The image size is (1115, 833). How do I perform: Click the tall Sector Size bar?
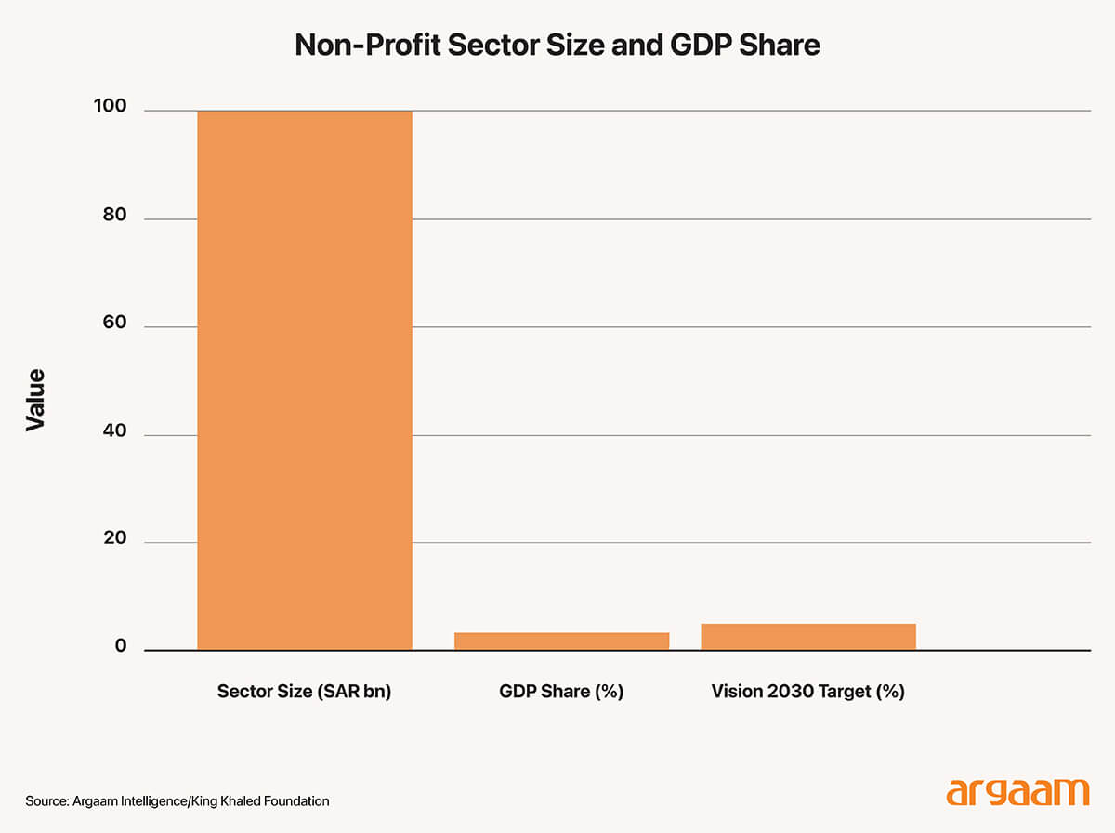[x=305, y=380]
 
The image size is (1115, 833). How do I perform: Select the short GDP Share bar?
[x=562, y=641]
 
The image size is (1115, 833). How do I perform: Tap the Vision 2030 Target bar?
[x=808, y=637]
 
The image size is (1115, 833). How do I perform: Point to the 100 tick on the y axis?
[x=109, y=107]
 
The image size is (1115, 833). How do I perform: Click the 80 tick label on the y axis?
[x=114, y=217]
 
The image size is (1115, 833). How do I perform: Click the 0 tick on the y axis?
[x=121, y=647]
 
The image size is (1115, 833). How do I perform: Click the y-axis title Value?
[x=35, y=400]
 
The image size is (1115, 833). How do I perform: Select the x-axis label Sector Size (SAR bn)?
[x=304, y=692]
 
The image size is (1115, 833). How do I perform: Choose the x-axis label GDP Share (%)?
[x=561, y=692]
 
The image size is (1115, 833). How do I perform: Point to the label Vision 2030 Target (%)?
[x=807, y=692]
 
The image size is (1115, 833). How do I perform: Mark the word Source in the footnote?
[x=47, y=800]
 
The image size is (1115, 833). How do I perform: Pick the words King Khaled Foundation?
[x=269, y=800]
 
